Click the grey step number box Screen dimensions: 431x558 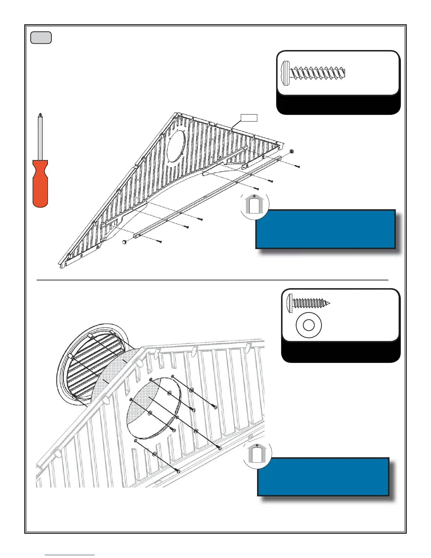(x=41, y=38)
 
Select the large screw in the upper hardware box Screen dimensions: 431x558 (x=313, y=73)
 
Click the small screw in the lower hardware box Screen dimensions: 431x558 (x=309, y=303)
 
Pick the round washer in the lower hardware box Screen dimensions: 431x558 (x=308, y=325)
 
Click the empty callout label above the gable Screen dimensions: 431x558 (x=249, y=118)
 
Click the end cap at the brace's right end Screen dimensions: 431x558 (x=292, y=151)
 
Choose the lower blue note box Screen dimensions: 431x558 (x=323, y=477)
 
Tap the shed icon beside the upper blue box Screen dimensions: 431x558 (x=254, y=205)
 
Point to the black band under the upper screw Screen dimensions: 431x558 (x=338, y=105)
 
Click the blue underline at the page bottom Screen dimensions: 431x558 (x=70, y=555)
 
